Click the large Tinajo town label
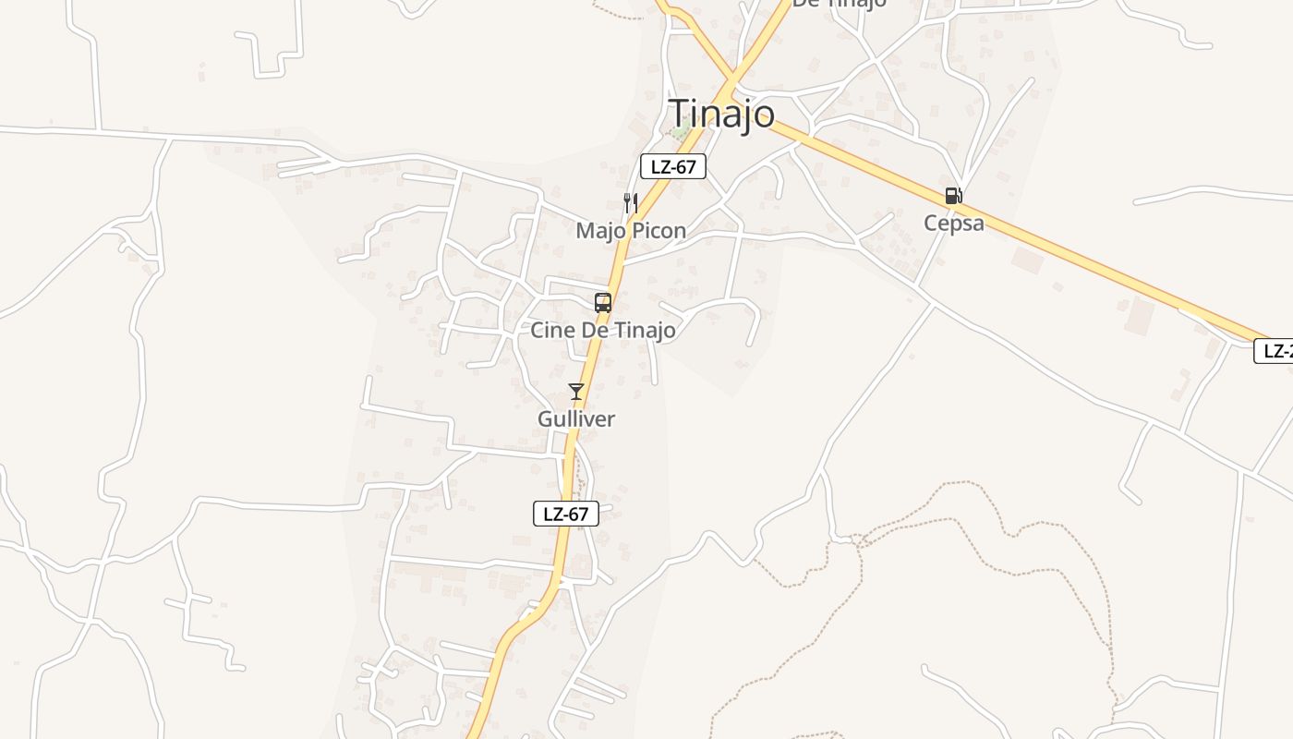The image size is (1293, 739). pyautogui.click(x=722, y=113)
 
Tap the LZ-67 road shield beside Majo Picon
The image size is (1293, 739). pyautogui.click(x=673, y=166)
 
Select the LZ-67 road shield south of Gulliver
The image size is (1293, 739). pyautogui.click(x=566, y=514)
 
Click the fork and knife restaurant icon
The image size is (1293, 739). pyautogui.click(x=631, y=202)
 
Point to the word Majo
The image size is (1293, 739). pyautogui.click(x=601, y=230)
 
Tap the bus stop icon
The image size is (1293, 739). pyautogui.click(x=603, y=302)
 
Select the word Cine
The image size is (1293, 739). pyautogui.click(x=550, y=330)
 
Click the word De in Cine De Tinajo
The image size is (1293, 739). pyautogui.click(x=593, y=330)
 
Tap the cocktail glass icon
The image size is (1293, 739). pyautogui.click(x=576, y=392)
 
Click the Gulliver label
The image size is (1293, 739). pyautogui.click(x=576, y=418)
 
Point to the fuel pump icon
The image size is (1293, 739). pyautogui.click(x=953, y=196)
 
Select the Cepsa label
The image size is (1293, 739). pyautogui.click(x=954, y=223)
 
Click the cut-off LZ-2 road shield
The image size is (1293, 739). pyautogui.click(x=1275, y=351)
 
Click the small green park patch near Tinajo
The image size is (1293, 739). pyautogui.click(x=681, y=132)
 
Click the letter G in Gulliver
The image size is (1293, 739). pyautogui.click(x=546, y=418)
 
